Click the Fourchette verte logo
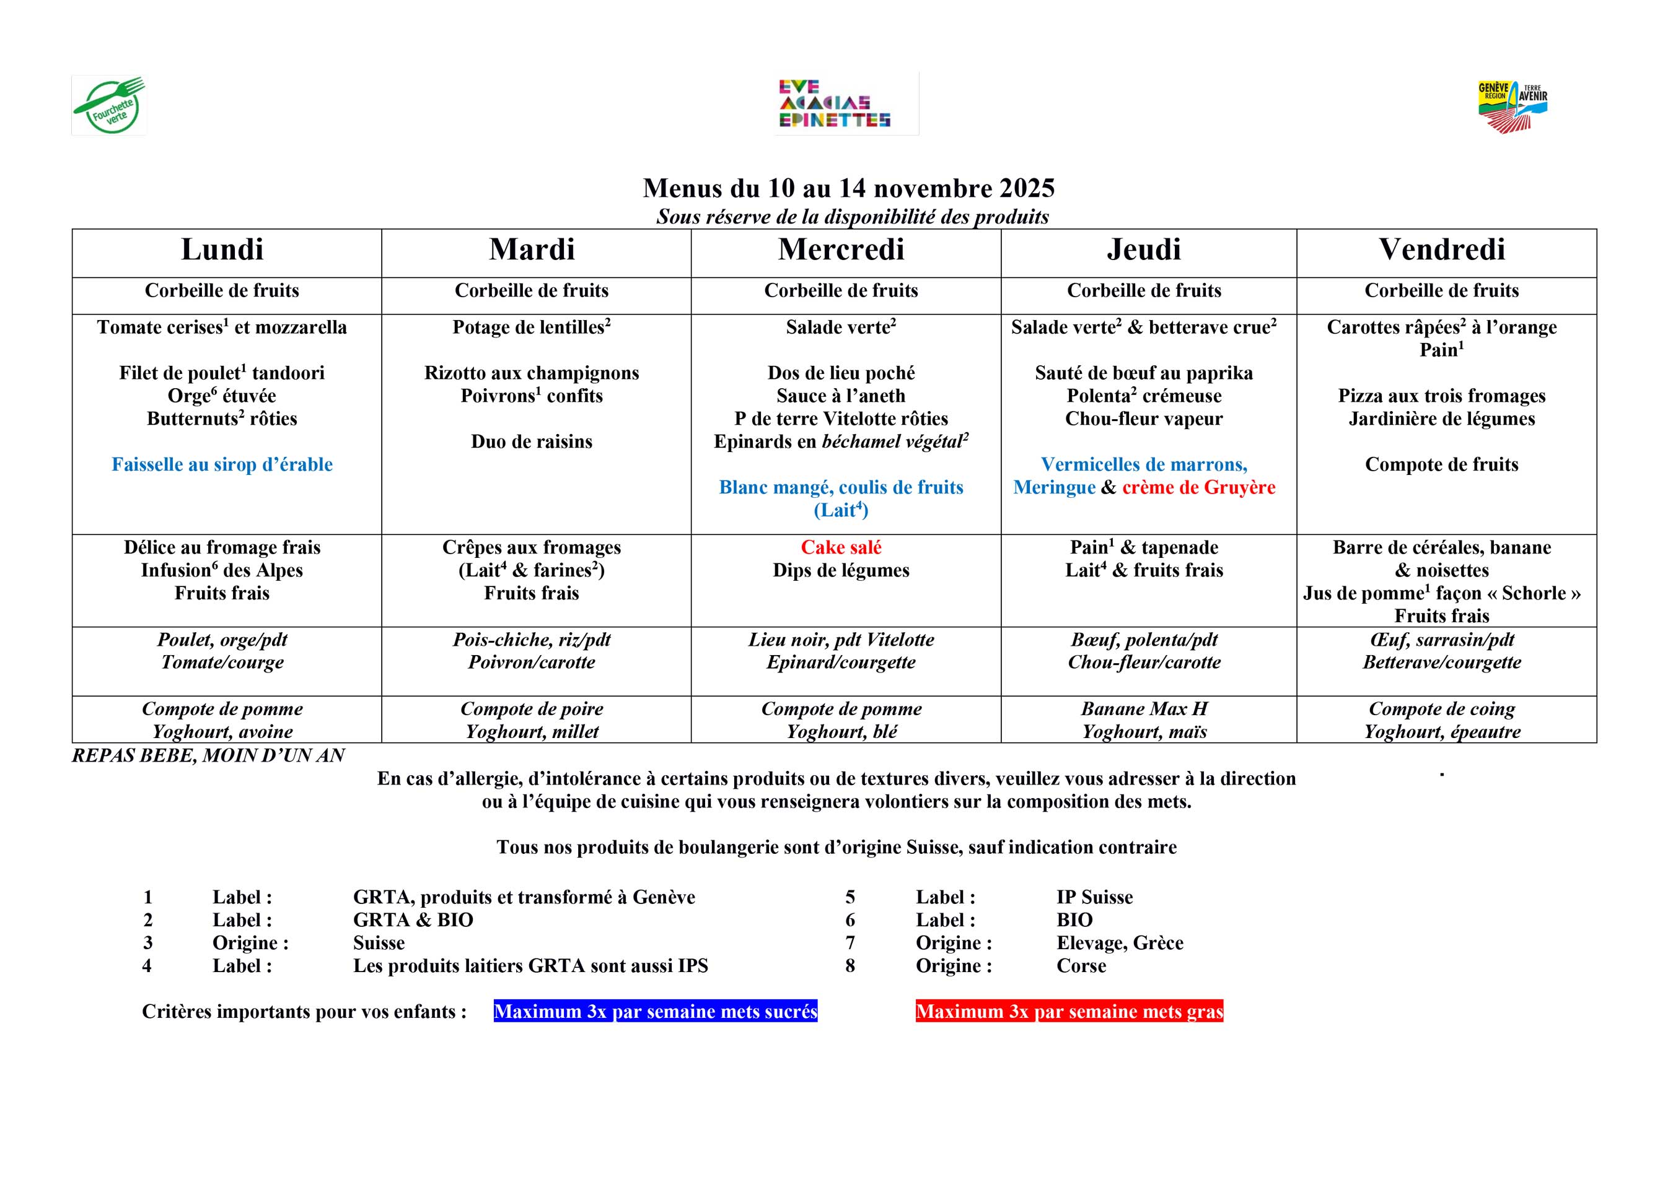(x=109, y=106)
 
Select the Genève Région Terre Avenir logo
(x=1512, y=106)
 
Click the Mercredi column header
(x=841, y=250)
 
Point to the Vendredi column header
(x=1441, y=250)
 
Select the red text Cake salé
(x=841, y=548)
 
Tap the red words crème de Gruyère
(x=1198, y=487)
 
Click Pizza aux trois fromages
(x=1441, y=396)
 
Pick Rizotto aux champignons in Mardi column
(x=531, y=373)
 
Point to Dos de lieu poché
(x=841, y=373)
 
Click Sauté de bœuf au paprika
(x=1143, y=373)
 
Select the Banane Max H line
(x=1143, y=708)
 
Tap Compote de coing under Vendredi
(x=1441, y=708)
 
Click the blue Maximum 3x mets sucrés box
(x=655, y=1012)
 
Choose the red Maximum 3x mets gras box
(x=1069, y=1012)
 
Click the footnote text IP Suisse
(x=1094, y=897)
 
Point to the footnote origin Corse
(x=1081, y=966)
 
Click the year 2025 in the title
(x=1027, y=189)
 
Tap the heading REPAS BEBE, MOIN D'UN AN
(x=208, y=756)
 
